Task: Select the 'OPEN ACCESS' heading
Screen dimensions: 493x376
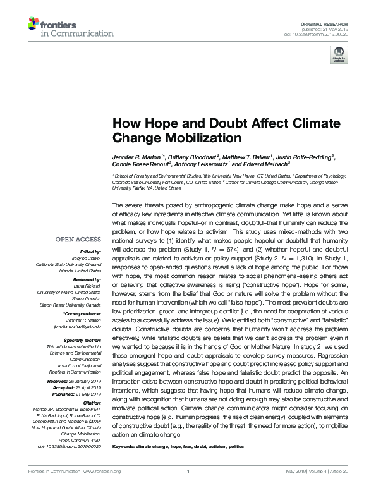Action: [78, 240]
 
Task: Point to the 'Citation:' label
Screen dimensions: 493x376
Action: [91, 403]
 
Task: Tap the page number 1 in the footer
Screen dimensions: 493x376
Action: [188, 489]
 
